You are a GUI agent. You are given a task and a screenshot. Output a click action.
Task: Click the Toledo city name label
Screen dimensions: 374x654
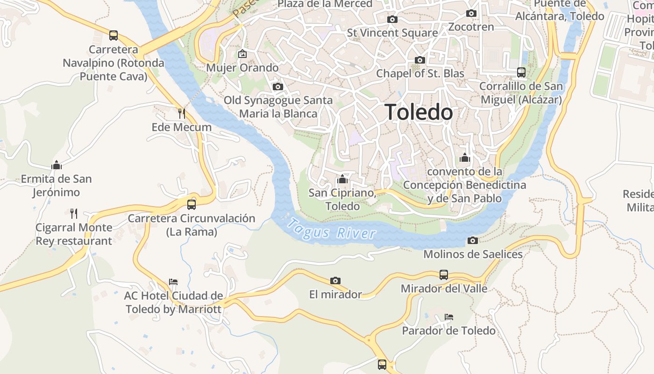(x=419, y=112)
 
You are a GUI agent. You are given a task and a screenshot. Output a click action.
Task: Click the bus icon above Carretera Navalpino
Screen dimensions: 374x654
(x=114, y=35)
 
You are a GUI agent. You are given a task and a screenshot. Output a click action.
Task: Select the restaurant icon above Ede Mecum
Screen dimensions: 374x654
(x=182, y=113)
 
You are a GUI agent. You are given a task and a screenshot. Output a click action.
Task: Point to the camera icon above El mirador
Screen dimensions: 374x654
(x=335, y=280)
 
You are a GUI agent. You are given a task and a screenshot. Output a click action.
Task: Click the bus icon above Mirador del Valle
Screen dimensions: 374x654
(x=444, y=274)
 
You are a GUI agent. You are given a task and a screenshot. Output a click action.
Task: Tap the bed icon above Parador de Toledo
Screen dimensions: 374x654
(x=449, y=317)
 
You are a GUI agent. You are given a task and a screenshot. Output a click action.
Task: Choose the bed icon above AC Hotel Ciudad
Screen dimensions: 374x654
(x=173, y=282)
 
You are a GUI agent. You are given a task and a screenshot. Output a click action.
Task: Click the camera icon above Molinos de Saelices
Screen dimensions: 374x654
(x=473, y=240)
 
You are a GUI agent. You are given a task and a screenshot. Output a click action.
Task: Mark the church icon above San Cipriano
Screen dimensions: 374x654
(x=342, y=179)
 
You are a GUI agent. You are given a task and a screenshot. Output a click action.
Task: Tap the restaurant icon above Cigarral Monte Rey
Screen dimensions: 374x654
(x=74, y=214)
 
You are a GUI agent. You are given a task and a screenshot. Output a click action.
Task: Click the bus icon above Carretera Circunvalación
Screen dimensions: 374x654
(x=192, y=204)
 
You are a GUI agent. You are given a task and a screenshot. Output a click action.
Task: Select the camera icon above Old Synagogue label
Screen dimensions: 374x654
(x=278, y=86)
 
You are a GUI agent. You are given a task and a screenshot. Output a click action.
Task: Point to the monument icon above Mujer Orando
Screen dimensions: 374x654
(x=242, y=54)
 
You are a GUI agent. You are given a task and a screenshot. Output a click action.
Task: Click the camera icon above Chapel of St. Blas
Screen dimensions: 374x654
(x=420, y=60)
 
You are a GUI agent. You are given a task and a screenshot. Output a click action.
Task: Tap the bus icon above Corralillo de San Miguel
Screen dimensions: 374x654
(x=521, y=72)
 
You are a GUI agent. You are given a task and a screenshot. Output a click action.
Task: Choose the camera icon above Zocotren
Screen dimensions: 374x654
(x=471, y=13)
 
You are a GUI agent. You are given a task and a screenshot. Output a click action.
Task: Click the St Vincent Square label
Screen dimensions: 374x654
(x=392, y=33)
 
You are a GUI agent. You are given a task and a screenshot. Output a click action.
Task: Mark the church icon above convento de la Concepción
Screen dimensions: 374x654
(x=464, y=158)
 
